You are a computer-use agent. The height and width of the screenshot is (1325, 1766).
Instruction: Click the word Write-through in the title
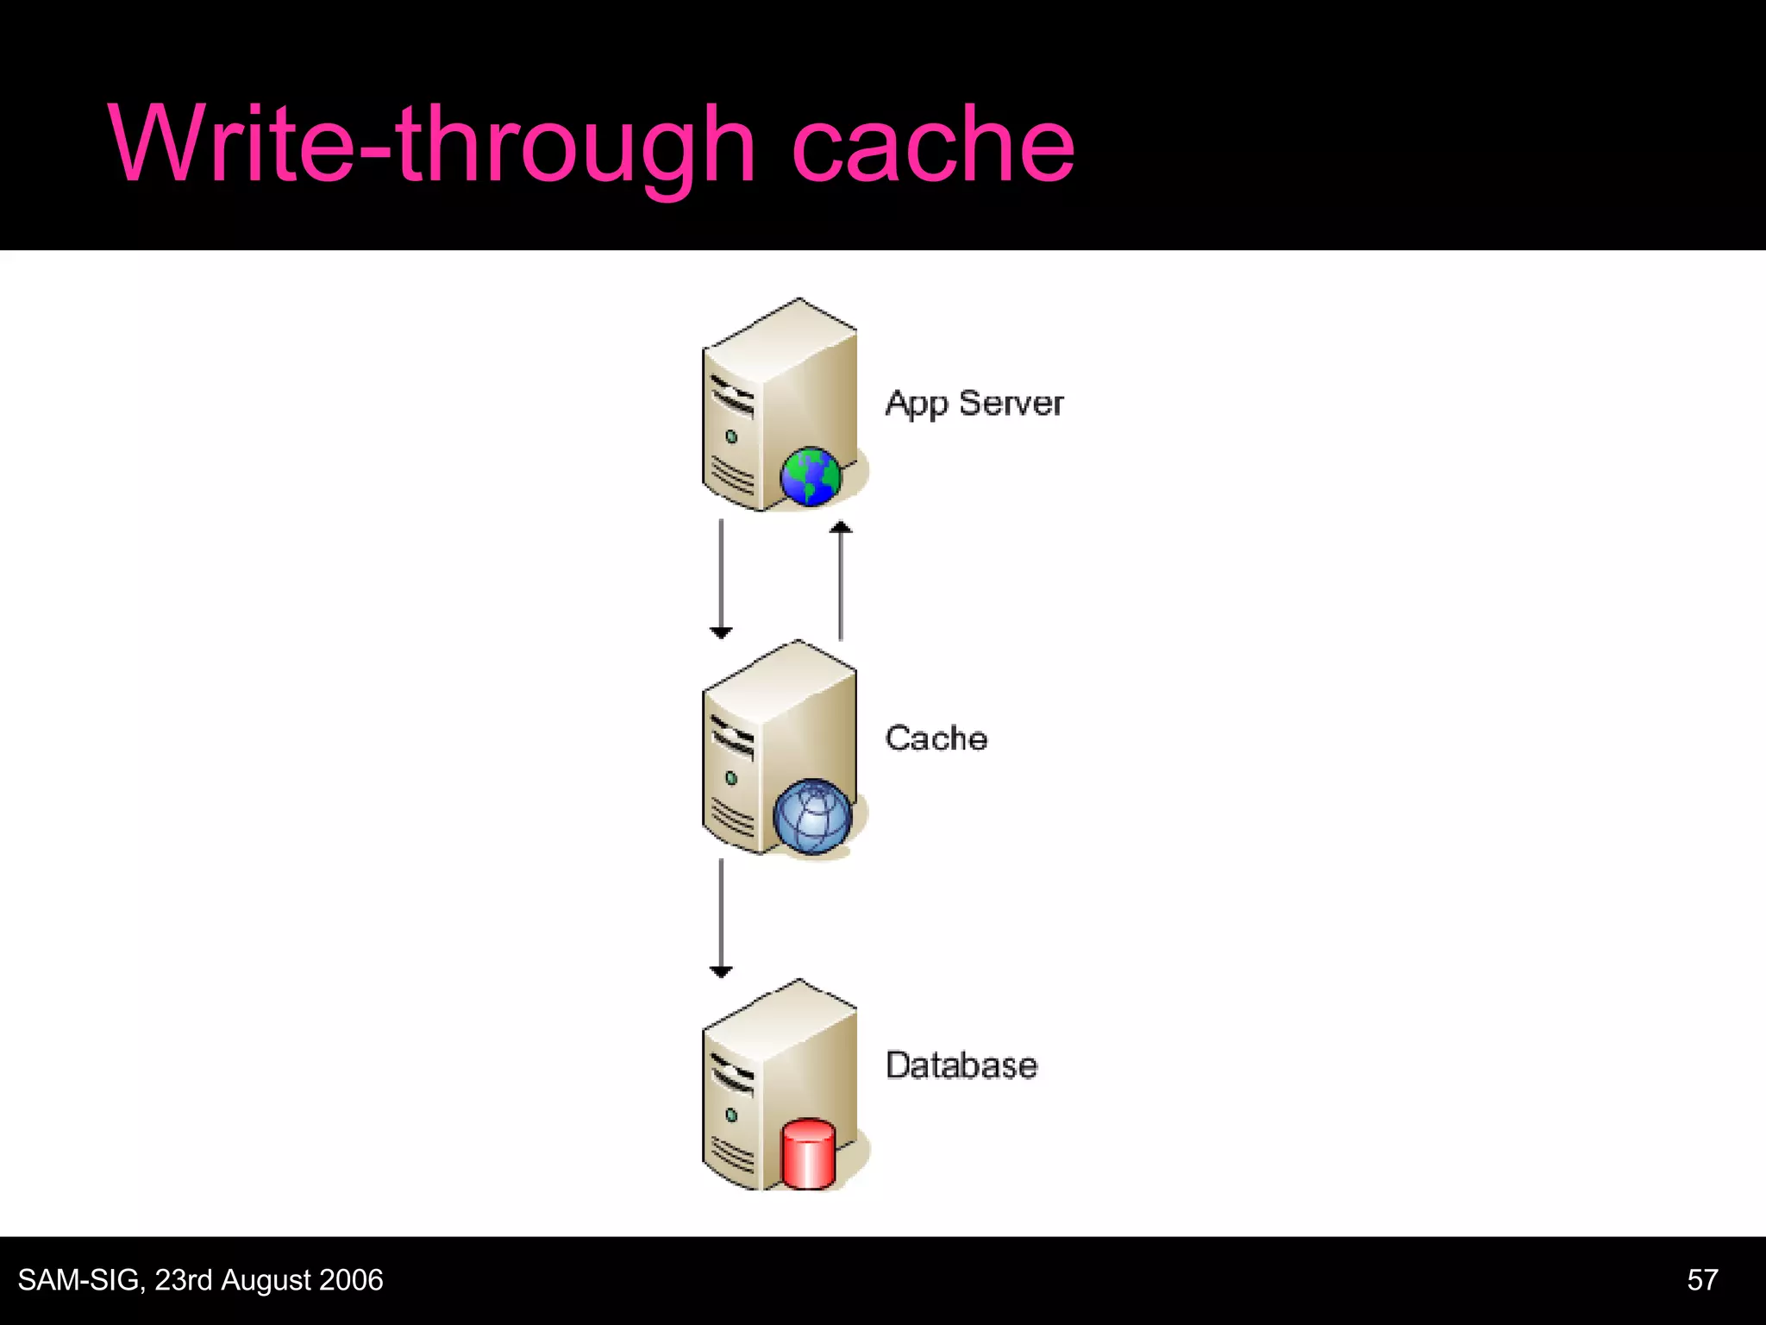[431, 145]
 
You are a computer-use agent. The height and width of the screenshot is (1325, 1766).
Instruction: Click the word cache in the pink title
[932, 145]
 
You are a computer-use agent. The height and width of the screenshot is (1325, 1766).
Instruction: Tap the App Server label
[974, 404]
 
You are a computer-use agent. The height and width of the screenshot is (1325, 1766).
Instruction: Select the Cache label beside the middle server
[936, 738]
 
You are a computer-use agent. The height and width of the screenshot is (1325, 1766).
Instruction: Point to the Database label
[961, 1065]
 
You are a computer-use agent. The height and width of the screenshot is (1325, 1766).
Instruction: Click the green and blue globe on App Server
[810, 475]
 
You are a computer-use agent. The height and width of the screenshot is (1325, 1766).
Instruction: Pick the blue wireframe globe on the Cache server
[811, 815]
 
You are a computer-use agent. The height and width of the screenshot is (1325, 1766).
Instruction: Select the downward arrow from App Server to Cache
[721, 578]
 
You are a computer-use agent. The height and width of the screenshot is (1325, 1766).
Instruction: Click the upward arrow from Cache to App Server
[841, 581]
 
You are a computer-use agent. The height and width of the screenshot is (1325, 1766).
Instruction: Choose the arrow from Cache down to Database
[721, 918]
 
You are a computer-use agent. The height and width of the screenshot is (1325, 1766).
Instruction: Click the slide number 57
[1702, 1280]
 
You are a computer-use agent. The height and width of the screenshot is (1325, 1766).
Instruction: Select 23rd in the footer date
[183, 1280]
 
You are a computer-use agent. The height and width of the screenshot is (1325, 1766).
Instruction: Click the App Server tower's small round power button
[731, 437]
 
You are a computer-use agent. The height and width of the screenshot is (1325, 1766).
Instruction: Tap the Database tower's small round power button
[731, 1115]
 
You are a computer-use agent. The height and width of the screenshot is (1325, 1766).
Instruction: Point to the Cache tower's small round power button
[731, 778]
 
